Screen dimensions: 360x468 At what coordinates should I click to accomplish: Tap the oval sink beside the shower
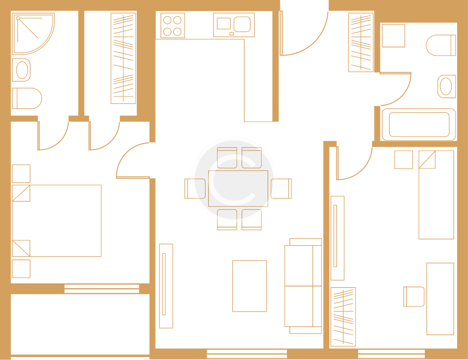pyautogui.click(x=22, y=70)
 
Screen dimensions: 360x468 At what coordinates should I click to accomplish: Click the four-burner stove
pyautogui.click(x=173, y=25)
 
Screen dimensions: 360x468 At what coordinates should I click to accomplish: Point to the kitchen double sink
pyautogui.click(x=234, y=25)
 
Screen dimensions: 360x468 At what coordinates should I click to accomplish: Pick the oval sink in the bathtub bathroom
pyautogui.click(x=446, y=86)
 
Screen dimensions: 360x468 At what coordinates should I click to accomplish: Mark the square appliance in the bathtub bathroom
pyautogui.click(x=393, y=36)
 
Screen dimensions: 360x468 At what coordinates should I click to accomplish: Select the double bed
pyautogui.click(x=57, y=221)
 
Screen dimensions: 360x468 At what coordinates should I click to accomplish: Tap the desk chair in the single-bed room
pyautogui.click(x=414, y=297)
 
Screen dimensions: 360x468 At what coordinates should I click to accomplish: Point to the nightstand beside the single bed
pyautogui.click(x=404, y=159)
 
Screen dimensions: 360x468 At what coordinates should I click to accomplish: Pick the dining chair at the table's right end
pyautogui.click(x=282, y=188)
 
